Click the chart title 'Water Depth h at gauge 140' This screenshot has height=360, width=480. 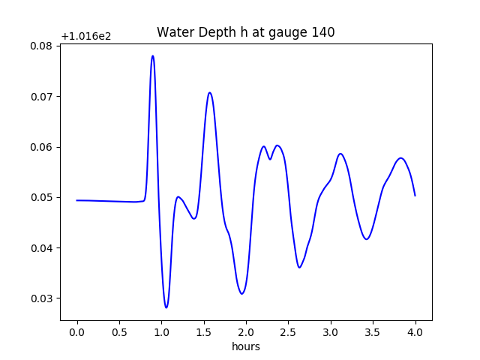point(245,32)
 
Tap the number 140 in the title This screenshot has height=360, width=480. point(324,32)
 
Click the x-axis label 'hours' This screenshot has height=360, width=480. point(245,346)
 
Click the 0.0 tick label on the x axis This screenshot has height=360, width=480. point(77,332)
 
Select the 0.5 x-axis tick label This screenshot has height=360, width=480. point(119,332)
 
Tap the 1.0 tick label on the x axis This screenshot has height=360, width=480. point(161,332)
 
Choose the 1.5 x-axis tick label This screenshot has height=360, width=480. point(204,332)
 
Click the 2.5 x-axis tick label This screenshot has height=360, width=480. point(288,332)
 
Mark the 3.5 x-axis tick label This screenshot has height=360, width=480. point(373,332)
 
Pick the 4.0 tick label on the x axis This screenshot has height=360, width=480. point(415,332)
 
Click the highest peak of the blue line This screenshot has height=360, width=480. point(152,55)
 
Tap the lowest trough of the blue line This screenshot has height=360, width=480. point(166,307)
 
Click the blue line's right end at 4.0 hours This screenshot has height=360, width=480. point(415,196)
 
